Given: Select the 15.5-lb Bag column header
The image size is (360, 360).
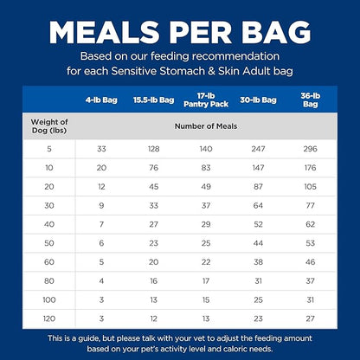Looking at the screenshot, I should click(153, 100).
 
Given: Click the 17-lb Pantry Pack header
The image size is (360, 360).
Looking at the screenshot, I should click(205, 100).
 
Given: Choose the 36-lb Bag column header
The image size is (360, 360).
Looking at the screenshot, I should click(310, 100).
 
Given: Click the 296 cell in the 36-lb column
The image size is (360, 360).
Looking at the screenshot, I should click(311, 149).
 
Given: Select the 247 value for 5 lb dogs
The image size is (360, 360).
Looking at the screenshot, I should click(256, 149).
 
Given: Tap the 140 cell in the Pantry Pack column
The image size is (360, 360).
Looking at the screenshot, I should click(205, 149).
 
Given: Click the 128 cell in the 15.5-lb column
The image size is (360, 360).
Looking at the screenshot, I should click(153, 149).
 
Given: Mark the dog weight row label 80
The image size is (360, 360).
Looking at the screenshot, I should click(49, 280).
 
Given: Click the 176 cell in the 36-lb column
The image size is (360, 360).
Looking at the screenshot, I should click(311, 167).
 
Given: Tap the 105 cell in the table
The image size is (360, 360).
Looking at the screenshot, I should click(311, 186).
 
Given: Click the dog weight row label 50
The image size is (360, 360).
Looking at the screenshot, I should click(49, 242).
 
